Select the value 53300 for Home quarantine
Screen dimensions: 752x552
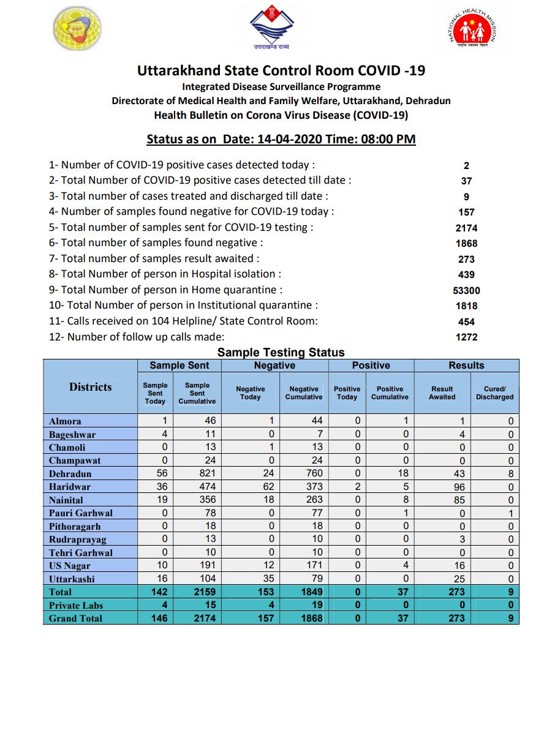(466, 291)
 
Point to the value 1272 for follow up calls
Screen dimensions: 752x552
(466, 337)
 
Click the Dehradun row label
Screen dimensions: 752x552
(70, 474)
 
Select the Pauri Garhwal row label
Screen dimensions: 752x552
(81, 513)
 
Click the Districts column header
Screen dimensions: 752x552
(91, 387)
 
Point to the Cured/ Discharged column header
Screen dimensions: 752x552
(494, 393)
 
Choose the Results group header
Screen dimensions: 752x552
(466, 366)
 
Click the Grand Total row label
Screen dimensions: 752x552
(75, 619)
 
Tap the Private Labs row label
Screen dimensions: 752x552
(75, 606)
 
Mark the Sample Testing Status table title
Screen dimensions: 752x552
(281, 353)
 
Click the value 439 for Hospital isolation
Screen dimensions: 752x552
(466, 275)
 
